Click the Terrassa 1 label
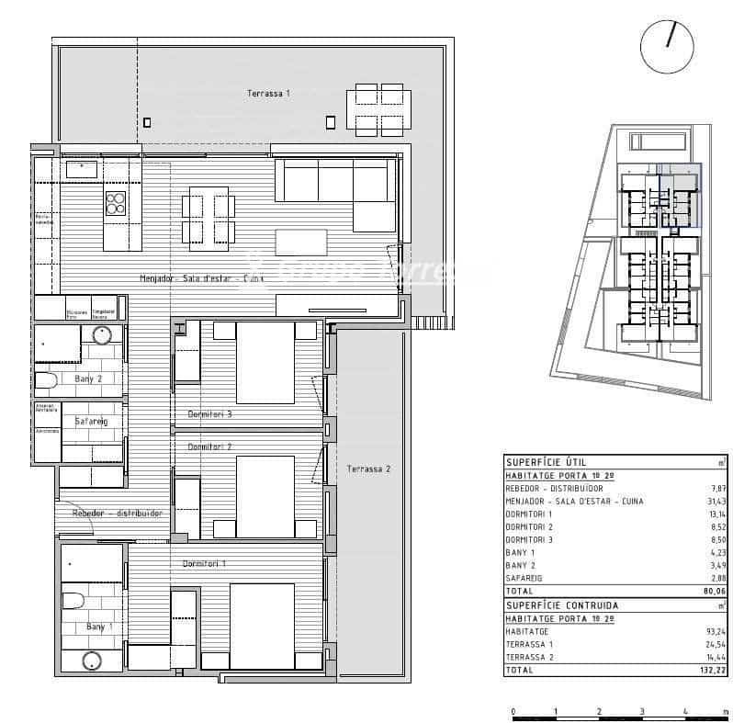coord(268,94)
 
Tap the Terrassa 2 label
coord(368,469)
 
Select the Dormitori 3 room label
coord(209,414)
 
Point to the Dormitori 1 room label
coord(204,563)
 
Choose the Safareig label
coord(91,422)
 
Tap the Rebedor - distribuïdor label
coord(117,514)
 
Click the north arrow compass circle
coord(667,47)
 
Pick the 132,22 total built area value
coord(714,671)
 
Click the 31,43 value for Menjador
coord(716,501)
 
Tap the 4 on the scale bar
coord(686,711)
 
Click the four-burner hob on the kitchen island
coord(116,203)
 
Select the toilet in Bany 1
coord(73,601)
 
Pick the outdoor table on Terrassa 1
coord(378,109)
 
